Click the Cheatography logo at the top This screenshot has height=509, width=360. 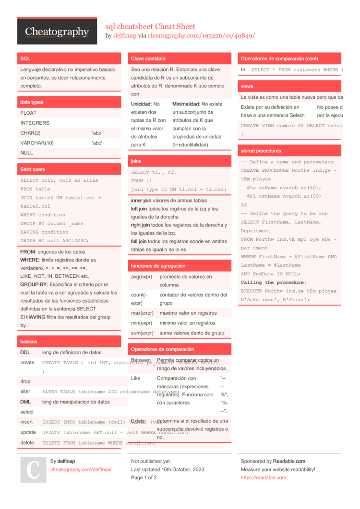57,32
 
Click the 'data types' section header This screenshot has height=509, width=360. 32,102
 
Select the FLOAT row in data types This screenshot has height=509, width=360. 28,113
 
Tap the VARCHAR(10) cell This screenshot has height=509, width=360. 37,143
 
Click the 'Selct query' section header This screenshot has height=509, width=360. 33,169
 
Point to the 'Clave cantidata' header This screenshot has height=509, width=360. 148,59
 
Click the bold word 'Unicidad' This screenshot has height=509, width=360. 141,104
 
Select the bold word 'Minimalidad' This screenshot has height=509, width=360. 185,104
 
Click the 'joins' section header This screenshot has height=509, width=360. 136,162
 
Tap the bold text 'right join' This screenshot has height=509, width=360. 141,225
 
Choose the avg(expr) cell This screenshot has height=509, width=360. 142,277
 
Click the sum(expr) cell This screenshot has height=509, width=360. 142,333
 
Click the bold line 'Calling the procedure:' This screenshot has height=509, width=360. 273,283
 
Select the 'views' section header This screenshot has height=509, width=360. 247,86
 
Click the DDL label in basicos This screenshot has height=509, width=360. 25,352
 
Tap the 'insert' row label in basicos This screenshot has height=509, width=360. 27,422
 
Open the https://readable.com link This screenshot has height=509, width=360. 263,477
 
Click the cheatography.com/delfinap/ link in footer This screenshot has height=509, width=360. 81,469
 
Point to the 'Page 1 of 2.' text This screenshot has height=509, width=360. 144,477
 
